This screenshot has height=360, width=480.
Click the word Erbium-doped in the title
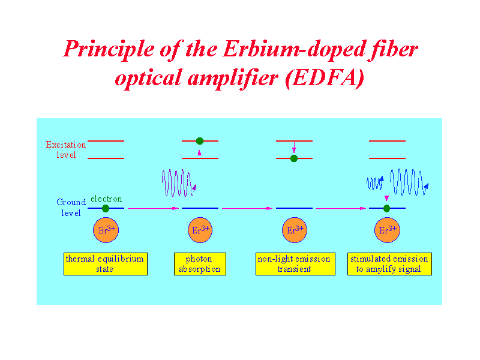(x=294, y=50)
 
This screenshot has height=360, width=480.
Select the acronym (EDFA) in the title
(x=325, y=79)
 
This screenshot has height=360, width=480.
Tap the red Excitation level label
(x=66, y=149)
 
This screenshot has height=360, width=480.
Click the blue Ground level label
(x=71, y=208)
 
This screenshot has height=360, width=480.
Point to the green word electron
(x=106, y=199)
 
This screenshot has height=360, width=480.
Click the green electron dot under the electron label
(x=106, y=208)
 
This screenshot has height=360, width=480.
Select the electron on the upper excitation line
(x=200, y=141)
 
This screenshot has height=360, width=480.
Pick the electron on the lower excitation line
(x=294, y=158)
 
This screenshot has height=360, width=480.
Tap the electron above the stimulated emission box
(x=386, y=208)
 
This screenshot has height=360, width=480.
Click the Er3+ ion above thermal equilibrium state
(x=106, y=230)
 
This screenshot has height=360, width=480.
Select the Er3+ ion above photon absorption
(x=200, y=230)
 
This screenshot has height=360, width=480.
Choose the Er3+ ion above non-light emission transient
(x=294, y=230)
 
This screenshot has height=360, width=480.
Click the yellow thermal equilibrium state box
(x=106, y=264)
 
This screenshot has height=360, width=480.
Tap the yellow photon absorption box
(x=200, y=264)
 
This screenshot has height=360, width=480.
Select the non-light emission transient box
(x=295, y=264)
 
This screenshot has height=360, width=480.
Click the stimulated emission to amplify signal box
(x=389, y=264)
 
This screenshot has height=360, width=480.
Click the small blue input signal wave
(x=375, y=183)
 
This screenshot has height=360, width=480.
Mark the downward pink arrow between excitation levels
(x=294, y=148)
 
